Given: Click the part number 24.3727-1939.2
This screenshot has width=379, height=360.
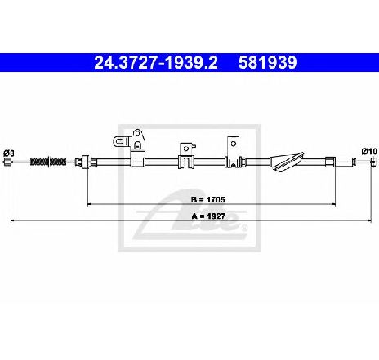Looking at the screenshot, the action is tap(156, 63).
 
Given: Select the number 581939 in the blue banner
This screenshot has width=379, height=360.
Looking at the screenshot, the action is tap(267, 63).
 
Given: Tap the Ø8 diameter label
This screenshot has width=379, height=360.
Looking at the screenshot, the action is tap(9, 153).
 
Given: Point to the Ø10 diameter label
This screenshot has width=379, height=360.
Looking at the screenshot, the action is tap(370, 151).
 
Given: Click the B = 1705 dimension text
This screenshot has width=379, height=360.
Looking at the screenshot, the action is tap(208, 200).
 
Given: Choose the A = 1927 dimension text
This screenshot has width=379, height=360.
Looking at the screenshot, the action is tap(208, 216).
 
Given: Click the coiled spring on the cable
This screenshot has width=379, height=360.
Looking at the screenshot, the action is tap(48, 162).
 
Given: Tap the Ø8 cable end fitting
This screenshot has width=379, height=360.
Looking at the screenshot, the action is tap(7, 162).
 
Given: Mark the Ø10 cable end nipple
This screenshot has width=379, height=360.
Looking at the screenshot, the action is tap(374, 162).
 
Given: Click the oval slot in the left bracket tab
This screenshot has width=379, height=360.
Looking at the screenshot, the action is tap(119, 141).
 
